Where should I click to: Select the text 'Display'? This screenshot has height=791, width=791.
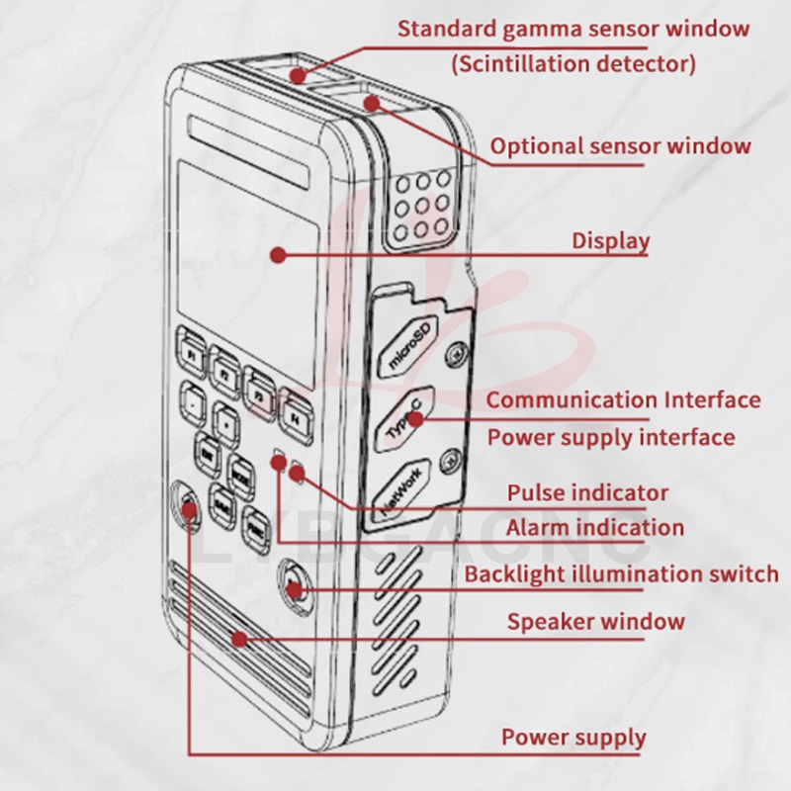(x=610, y=240)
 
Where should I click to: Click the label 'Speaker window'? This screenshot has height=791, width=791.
(x=595, y=622)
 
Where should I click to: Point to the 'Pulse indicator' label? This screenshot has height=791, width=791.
(x=587, y=492)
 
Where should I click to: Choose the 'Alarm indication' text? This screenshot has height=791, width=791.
(x=594, y=528)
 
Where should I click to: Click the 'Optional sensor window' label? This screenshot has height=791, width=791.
(x=621, y=146)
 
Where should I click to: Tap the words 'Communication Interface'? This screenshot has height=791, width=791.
(x=623, y=400)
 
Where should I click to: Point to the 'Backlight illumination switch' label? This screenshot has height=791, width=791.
(x=621, y=574)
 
